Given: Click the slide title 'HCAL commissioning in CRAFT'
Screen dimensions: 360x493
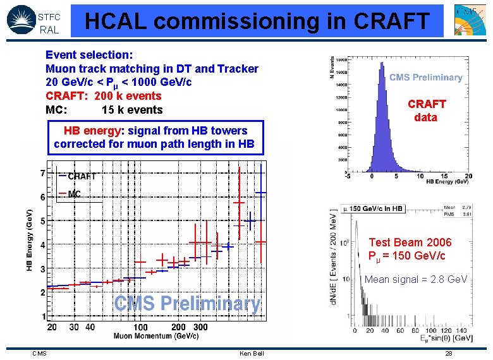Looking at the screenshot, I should (x=257, y=21).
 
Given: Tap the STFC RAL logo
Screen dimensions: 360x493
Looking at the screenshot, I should (x=33, y=20).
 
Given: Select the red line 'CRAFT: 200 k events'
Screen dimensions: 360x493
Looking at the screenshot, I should (x=103, y=96).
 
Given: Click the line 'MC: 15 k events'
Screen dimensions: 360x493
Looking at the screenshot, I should (x=104, y=110).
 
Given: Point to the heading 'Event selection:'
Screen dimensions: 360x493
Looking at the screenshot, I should (x=88, y=55).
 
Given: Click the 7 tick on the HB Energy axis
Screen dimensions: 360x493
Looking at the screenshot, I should (x=42, y=173).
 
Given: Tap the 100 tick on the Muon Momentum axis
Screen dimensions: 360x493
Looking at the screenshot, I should (x=140, y=327).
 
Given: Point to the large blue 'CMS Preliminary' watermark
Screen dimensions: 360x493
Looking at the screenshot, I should (x=187, y=304).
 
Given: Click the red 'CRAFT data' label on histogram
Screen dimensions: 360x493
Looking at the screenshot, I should (x=426, y=111).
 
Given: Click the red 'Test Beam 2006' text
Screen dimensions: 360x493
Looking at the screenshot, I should (x=410, y=243).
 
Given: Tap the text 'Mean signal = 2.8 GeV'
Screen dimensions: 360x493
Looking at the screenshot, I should (x=415, y=280).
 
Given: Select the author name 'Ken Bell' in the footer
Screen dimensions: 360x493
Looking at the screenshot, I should (x=252, y=353).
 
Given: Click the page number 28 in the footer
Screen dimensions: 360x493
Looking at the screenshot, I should (x=448, y=353).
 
